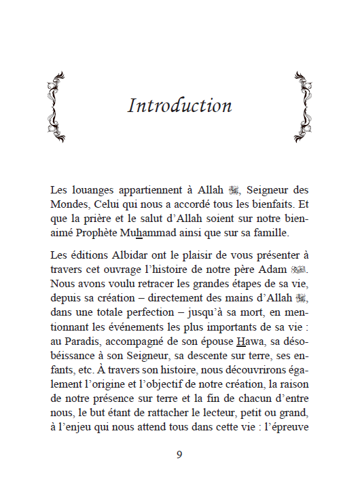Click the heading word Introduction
pos(180,106)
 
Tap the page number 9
pos(179,454)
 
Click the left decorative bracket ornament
pos(57,107)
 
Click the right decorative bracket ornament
pos(303,107)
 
